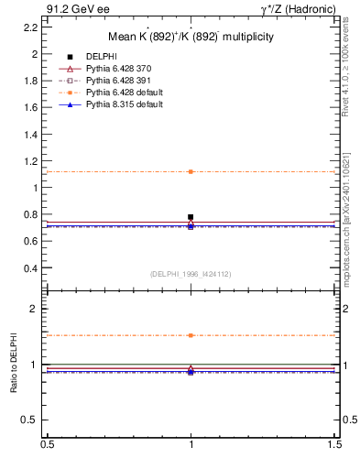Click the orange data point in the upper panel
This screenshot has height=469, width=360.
(x=191, y=171)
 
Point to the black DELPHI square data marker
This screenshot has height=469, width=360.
(x=191, y=217)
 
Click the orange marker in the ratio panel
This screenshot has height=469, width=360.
(x=191, y=335)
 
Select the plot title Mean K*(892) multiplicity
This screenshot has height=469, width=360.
(x=191, y=38)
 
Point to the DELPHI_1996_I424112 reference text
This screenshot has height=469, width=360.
(x=191, y=274)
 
